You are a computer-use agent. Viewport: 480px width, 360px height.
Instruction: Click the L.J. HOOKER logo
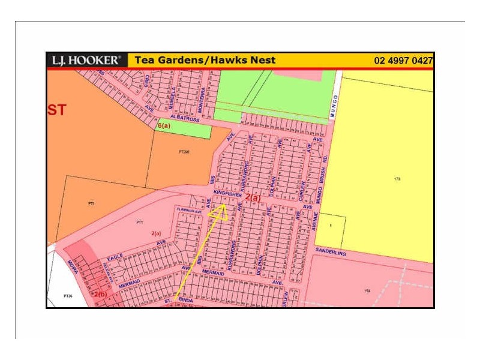[x=86, y=60]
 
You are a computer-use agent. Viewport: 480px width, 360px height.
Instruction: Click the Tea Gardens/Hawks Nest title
[x=205, y=60]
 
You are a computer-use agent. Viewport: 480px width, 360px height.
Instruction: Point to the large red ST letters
[x=57, y=110]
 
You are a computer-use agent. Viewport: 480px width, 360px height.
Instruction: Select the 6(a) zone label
[x=164, y=126]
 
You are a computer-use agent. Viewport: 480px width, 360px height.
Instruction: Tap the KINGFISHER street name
[x=228, y=194]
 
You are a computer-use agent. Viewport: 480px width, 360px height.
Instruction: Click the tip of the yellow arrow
[x=223, y=205]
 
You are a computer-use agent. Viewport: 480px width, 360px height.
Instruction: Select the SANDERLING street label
[x=331, y=254]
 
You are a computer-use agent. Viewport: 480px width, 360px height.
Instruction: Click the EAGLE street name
[x=116, y=257]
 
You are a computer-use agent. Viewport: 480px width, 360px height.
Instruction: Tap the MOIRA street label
[x=73, y=266]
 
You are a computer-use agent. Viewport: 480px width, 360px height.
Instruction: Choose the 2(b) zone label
[x=100, y=294]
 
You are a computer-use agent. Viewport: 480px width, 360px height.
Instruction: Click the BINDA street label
[x=185, y=298]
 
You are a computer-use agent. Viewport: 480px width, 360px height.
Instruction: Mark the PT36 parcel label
[x=68, y=296]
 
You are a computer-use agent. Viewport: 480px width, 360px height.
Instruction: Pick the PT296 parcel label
[x=184, y=152]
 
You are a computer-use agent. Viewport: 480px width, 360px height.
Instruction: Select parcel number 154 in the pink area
[x=367, y=290]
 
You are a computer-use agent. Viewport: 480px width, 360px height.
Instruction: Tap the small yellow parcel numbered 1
[x=331, y=225]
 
